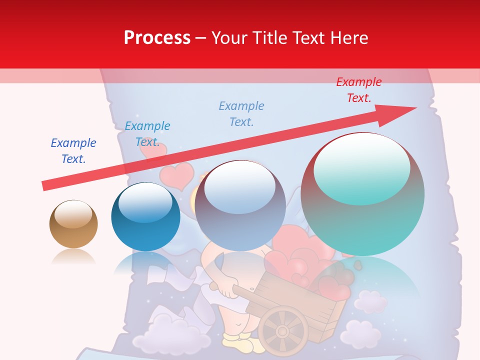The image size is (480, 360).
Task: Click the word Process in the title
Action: (x=157, y=38)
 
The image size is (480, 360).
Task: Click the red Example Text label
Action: (x=358, y=90)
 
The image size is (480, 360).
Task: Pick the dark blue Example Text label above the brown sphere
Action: (x=73, y=150)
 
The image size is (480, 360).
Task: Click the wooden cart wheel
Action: (x=283, y=331)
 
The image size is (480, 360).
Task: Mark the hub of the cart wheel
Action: (x=283, y=331)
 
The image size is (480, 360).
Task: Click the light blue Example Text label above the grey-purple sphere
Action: (x=241, y=113)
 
